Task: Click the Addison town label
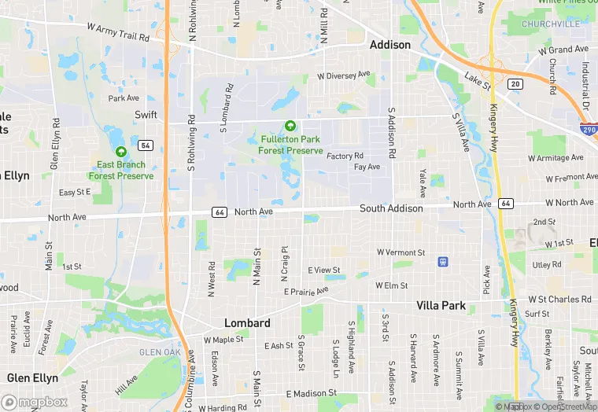390,45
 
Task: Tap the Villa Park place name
441,306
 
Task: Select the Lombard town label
247,323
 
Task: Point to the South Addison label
391,208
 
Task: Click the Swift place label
146,115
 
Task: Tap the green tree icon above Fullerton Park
290,126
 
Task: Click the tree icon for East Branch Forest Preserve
120,152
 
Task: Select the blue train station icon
443,261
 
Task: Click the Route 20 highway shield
515,83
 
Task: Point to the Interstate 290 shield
589,128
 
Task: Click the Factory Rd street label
345,156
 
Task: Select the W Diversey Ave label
343,75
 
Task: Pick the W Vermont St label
401,252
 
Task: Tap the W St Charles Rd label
559,300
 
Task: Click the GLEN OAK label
160,352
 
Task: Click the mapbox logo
35,401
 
